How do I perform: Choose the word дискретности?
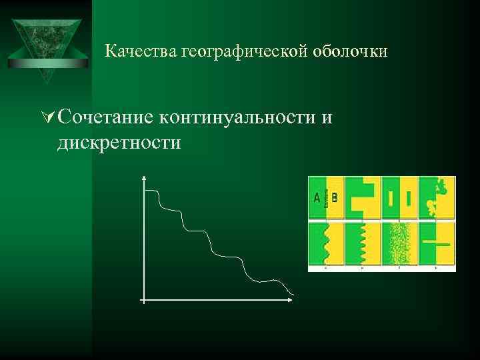tap(119, 142)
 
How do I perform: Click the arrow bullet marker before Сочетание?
tap(47, 118)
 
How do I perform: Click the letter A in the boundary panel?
tap(317, 197)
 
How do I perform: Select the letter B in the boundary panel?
tap(335, 197)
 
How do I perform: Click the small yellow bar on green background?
tap(390, 197)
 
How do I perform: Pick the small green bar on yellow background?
tap(408, 197)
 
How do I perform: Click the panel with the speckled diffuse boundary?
tap(399, 244)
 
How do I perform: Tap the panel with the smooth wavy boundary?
tap(326, 244)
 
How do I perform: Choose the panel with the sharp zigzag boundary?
tap(363, 244)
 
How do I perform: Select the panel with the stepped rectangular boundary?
tap(363, 197)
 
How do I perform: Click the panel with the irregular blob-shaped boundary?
tap(437, 197)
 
